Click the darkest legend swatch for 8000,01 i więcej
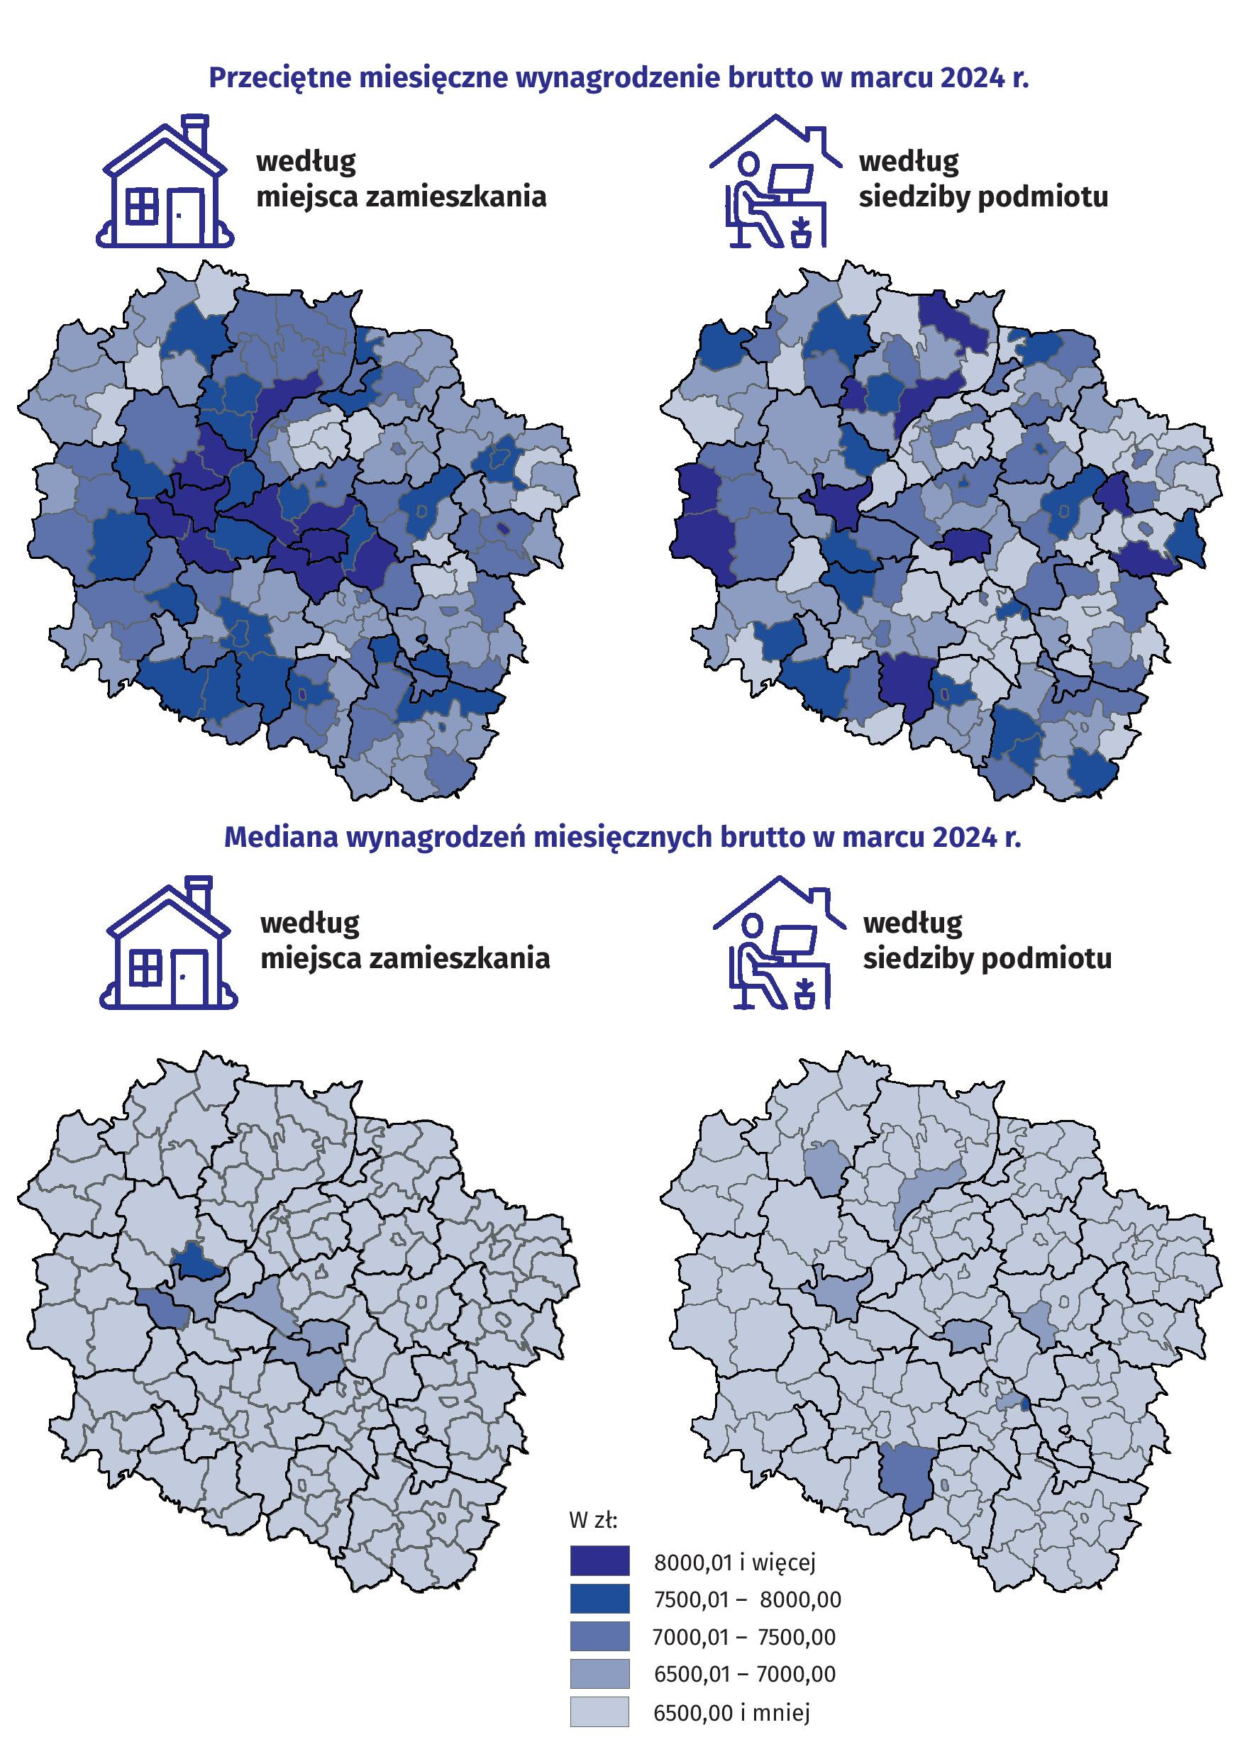[599, 1560]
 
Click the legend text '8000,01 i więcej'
[734, 1561]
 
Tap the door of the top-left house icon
[184, 216]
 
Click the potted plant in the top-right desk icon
[801, 231]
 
